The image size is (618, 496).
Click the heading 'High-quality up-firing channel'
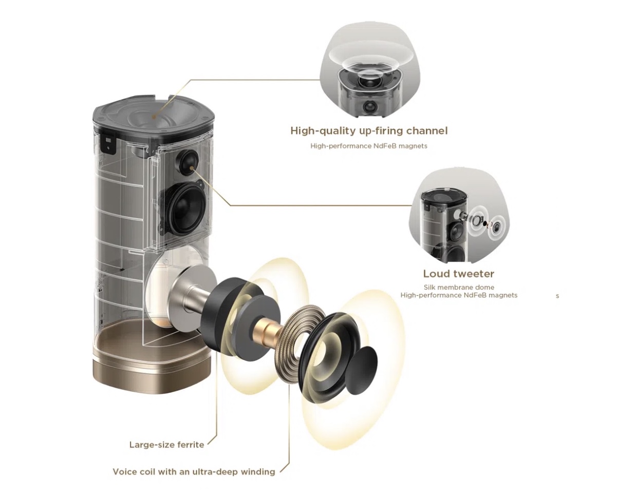[369, 131]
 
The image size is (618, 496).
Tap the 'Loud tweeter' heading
[459, 274]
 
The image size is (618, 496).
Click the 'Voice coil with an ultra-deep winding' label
[194, 472]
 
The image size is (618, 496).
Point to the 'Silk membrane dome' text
[459, 288]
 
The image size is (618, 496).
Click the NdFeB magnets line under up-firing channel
[369, 146]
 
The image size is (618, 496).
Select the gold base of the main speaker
[152, 365]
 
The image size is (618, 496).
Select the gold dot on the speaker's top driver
[154, 117]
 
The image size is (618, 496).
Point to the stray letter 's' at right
[557, 296]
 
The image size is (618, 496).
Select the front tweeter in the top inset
[368, 107]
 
